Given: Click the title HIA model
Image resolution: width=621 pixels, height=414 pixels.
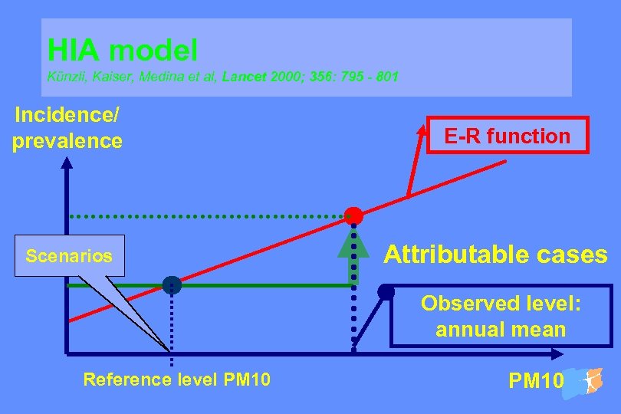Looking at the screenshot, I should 123,51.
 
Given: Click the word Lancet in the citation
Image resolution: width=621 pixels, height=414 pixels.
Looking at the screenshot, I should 244,77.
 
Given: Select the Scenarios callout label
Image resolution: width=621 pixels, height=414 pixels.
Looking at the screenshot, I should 69,256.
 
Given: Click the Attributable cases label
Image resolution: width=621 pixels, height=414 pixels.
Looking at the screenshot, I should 495,255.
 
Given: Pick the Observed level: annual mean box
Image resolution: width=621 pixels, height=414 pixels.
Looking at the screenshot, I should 501,317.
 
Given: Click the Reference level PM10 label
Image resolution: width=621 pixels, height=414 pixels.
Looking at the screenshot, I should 176,379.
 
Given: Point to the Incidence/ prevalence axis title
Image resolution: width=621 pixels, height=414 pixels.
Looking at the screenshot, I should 67,129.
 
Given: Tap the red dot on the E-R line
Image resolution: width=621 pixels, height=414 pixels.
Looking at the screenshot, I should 353,215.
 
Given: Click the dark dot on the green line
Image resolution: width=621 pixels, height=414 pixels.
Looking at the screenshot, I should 172,285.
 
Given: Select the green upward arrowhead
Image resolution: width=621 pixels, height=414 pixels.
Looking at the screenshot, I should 353,242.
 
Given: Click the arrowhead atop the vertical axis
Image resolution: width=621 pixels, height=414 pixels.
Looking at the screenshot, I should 67,162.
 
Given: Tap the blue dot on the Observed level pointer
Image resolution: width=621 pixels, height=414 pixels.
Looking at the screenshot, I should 386,291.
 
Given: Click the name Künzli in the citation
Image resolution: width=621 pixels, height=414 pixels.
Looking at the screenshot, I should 65,77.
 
